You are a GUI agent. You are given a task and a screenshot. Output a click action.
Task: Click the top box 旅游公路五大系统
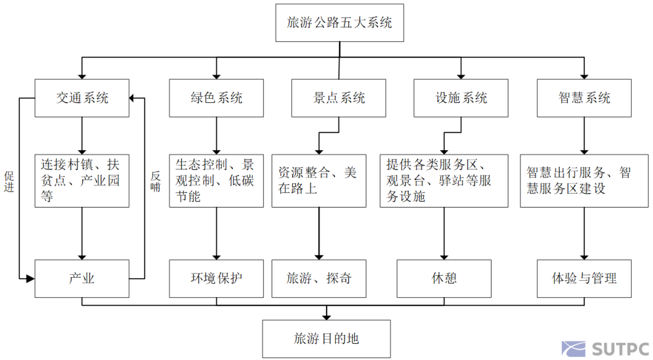point(339,24)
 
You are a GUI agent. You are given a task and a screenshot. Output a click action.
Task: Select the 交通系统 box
point(82,98)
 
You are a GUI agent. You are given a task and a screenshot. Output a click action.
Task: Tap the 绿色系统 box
point(216,98)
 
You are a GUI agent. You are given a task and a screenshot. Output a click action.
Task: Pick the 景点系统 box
point(339,98)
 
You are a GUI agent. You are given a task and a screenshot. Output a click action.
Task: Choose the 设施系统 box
point(461,98)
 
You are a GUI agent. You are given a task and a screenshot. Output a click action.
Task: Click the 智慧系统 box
point(584,98)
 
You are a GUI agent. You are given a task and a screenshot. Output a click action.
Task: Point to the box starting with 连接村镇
point(82,180)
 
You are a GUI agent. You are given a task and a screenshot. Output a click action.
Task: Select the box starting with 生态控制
point(216,180)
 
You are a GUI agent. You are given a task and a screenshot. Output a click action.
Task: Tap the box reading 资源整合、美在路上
point(319,180)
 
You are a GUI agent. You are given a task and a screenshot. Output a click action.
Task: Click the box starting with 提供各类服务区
point(443,180)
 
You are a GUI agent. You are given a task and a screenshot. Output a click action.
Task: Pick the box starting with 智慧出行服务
point(584,180)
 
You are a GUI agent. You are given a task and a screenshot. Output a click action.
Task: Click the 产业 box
point(82,278)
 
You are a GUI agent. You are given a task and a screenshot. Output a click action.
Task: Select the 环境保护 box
point(216,278)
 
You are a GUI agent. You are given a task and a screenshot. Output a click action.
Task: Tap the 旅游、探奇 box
point(319,278)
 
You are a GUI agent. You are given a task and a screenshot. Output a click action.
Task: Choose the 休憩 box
point(444,278)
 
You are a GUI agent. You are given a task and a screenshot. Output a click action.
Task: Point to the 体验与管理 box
point(584,278)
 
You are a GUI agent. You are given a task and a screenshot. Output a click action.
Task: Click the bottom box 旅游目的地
point(326,339)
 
